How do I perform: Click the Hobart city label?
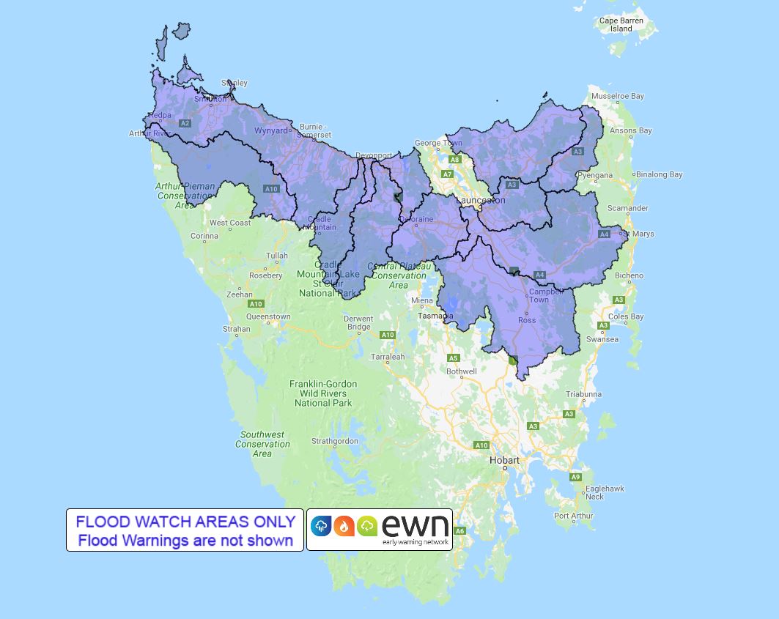pos(504,460)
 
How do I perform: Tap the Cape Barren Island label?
pos(621,25)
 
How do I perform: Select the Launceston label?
pos(480,200)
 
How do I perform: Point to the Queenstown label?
pos(268,317)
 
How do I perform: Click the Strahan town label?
pos(237,329)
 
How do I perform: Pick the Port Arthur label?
pos(574,516)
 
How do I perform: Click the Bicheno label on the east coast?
pos(629,275)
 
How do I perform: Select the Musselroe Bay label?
pos(617,96)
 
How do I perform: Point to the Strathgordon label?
pos(335,441)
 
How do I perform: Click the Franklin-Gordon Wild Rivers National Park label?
pos(323,393)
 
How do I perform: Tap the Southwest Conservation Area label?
pos(262,444)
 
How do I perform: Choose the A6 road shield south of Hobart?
pos(459,531)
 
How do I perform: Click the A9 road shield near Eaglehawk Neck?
pos(575,477)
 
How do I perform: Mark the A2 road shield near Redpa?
pos(185,123)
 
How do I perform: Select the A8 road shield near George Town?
pos(454,160)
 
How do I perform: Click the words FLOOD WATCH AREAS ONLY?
pos(185,522)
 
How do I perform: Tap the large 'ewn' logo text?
pos(415,525)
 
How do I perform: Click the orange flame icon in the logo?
pos(344,525)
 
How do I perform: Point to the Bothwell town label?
pos(461,371)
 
